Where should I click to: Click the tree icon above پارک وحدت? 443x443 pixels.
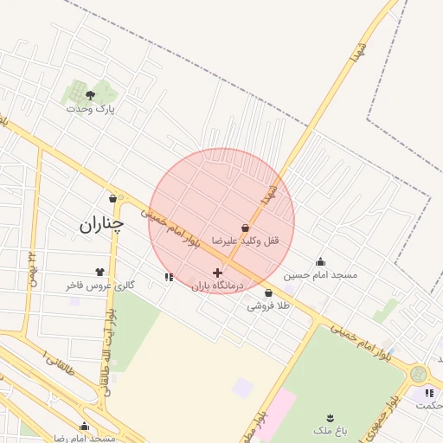tap(91, 95)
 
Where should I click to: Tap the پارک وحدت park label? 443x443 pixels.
tap(91, 109)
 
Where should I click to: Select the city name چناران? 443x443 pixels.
tap(102, 225)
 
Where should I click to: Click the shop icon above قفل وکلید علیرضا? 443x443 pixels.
tap(246, 228)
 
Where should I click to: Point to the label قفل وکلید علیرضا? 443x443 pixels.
tap(249, 240)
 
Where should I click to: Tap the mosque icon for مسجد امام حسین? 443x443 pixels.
tap(321, 261)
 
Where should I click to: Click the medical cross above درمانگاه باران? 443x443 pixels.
tap(217, 273)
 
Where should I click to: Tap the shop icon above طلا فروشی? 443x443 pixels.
tap(268, 292)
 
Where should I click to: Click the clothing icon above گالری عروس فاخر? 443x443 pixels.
tap(100, 272)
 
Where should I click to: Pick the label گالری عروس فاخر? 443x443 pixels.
tap(100, 285)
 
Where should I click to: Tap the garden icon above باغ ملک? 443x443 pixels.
tap(330, 418)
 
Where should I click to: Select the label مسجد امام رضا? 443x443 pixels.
tap(85, 438)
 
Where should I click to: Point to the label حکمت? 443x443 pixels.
tap(427, 405)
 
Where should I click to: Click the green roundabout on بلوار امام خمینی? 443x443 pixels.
tap(420, 374)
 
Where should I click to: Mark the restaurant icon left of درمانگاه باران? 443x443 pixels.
tap(168, 277)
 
